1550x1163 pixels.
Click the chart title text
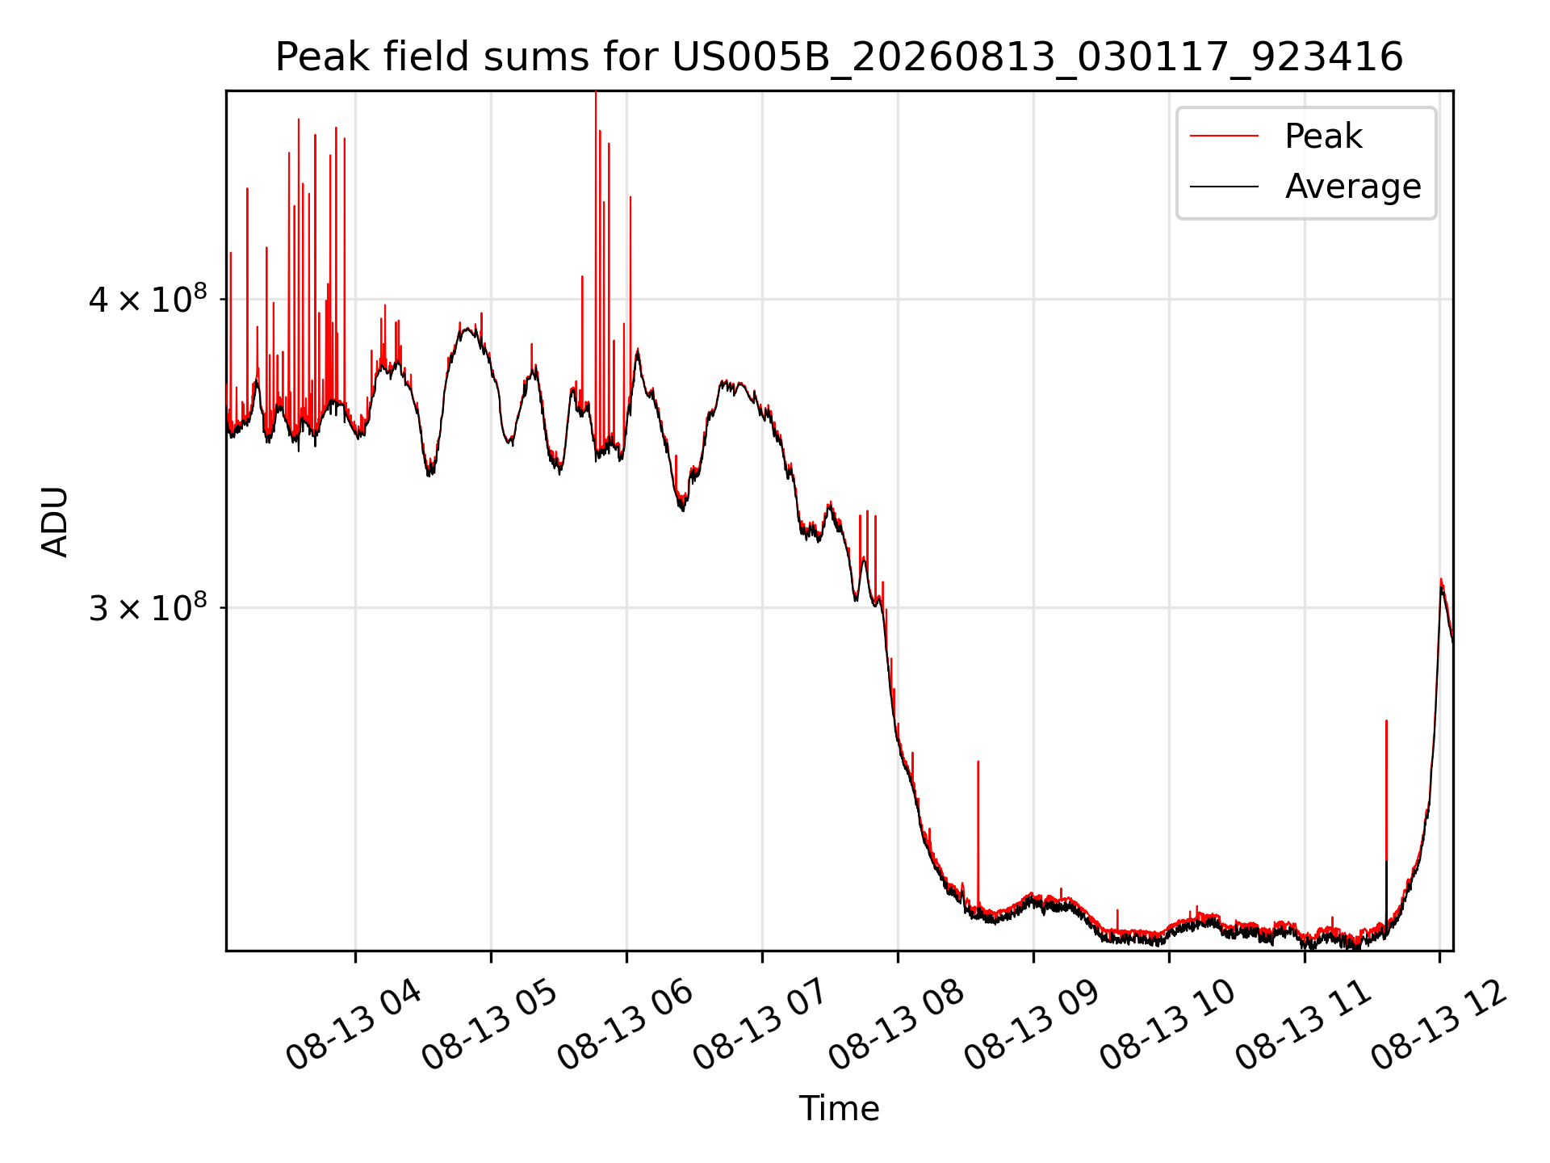[x=839, y=57]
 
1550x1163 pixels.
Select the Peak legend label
[x=1323, y=136]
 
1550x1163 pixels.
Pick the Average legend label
[x=1353, y=187]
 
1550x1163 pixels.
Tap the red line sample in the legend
[x=1224, y=136]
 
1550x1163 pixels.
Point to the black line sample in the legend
[x=1224, y=187]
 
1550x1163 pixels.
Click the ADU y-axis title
[x=55, y=521]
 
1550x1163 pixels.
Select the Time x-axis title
[x=839, y=1109]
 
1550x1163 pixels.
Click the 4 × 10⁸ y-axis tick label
[x=148, y=299]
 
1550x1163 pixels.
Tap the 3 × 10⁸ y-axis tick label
[x=148, y=607]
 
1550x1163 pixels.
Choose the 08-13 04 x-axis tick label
[x=354, y=1025]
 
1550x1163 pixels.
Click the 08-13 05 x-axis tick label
[x=489, y=1025]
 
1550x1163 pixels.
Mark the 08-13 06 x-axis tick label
[x=625, y=1025]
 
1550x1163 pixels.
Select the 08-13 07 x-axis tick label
[x=760, y=1025]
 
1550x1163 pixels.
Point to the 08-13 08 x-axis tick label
[x=896, y=1025]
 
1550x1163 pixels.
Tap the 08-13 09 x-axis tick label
[x=1032, y=1025]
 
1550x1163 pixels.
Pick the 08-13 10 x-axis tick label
[x=1167, y=1025]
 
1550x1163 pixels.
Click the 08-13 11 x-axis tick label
[x=1303, y=1025]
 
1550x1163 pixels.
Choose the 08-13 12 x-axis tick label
[x=1439, y=1025]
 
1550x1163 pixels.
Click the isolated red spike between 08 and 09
[x=978, y=832]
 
